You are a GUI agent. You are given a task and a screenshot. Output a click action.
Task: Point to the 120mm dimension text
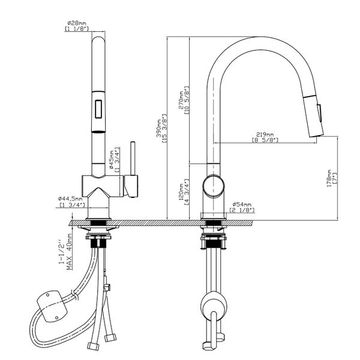180,192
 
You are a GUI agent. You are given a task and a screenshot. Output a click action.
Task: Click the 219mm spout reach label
265,134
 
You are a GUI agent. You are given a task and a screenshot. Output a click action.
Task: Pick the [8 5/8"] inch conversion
265,140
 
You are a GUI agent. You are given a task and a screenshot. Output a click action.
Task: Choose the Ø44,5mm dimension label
70,198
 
